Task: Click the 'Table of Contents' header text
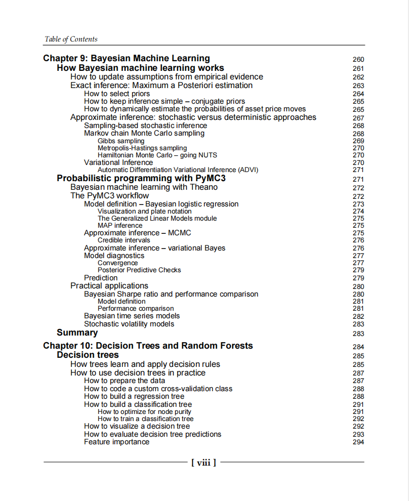click(x=71, y=39)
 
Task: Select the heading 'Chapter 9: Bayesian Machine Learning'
click(x=127, y=58)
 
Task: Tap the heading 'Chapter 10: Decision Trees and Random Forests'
click(x=148, y=346)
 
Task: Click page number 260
click(x=358, y=59)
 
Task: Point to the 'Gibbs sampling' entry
click(x=121, y=141)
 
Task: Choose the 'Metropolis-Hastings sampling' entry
click(x=142, y=148)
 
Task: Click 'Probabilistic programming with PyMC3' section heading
click(x=141, y=178)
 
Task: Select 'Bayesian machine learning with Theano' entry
click(x=144, y=187)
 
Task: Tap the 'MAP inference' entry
click(x=120, y=225)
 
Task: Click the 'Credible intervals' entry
click(x=124, y=240)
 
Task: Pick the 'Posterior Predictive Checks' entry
click(x=139, y=270)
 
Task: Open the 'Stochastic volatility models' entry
click(x=129, y=324)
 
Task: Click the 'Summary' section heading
click(x=77, y=332)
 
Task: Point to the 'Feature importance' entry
click(x=117, y=442)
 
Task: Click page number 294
click(x=358, y=442)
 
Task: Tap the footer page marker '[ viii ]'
click(x=204, y=462)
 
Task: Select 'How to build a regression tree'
click(x=134, y=396)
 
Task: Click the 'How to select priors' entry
click(x=117, y=94)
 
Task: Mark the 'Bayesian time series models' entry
click(x=132, y=316)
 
